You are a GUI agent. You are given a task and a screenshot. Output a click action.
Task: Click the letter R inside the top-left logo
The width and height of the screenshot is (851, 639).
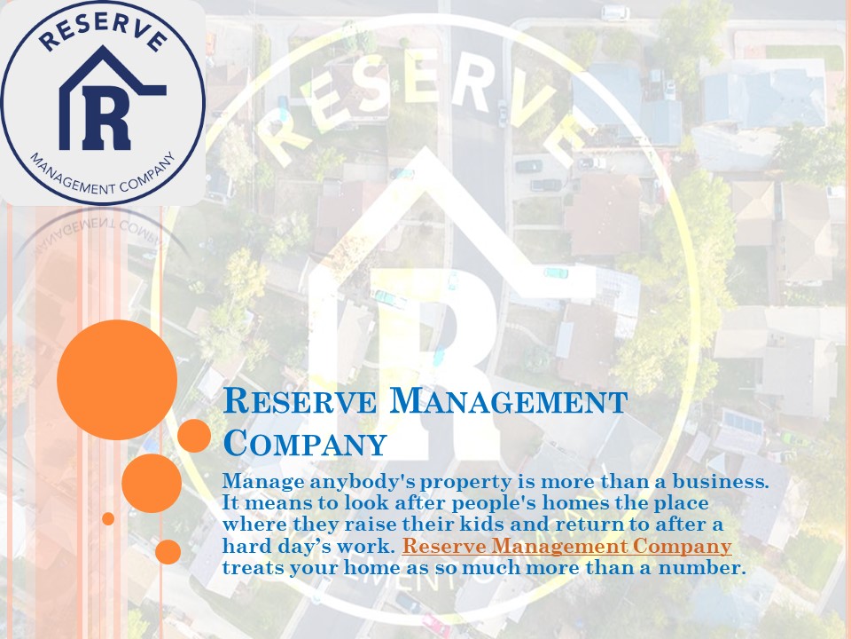click(105, 119)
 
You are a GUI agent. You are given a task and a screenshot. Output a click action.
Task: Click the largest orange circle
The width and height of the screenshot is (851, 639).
click(117, 380)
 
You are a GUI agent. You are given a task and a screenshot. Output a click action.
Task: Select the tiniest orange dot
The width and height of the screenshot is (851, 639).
click(108, 518)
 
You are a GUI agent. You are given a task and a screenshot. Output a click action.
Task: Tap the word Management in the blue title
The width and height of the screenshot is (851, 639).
click(509, 402)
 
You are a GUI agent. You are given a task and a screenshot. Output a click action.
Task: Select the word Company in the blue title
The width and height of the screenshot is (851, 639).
click(305, 443)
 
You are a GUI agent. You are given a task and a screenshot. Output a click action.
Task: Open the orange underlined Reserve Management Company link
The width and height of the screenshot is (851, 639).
click(566, 547)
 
